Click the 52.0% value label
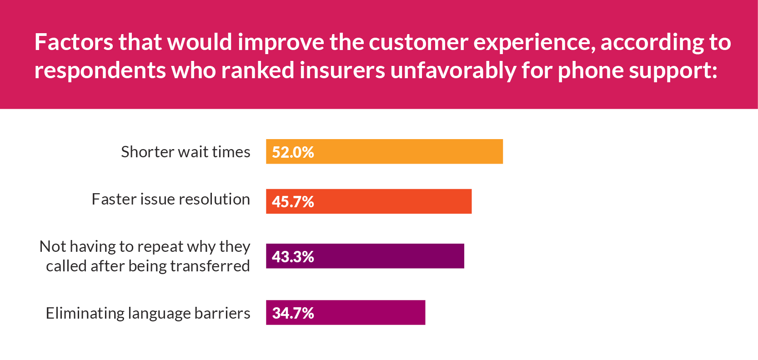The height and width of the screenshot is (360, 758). point(293,152)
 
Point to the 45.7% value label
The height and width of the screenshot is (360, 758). point(293,202)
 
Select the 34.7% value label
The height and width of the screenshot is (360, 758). point(293,313)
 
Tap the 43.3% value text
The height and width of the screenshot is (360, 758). point(293,257)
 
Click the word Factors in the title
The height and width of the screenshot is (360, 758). point(74,42)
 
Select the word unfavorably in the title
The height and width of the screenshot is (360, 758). point(453,70)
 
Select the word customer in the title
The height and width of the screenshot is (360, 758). point(418,42)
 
